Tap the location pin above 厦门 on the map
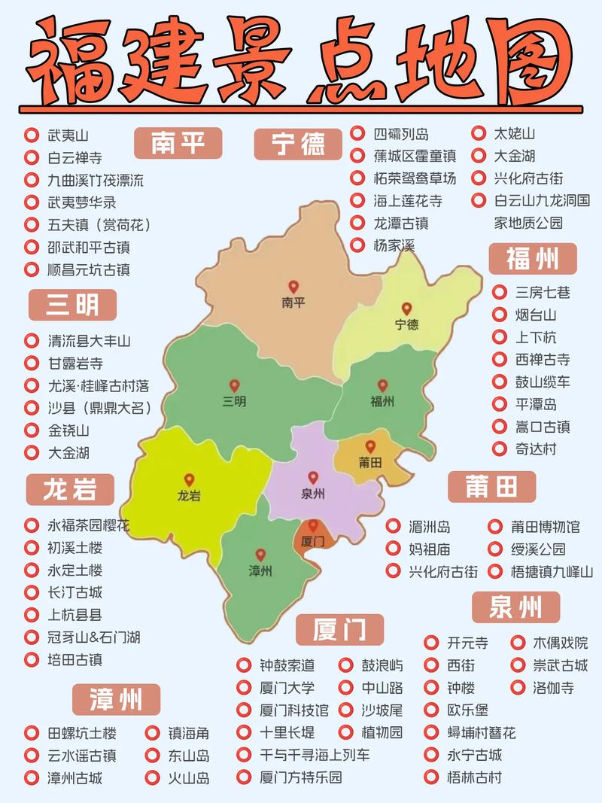[312, 525]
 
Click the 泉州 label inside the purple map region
[312, 494]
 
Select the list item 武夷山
[68, 136]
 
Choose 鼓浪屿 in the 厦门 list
[382, 665]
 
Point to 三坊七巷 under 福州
[542, 292]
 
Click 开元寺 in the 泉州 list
[467, 643]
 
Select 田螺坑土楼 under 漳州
[82, 733]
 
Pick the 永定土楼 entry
[74, 570]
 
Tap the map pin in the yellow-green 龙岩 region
[189, 479]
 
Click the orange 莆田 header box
[491, 487]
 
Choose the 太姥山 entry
[514, 134]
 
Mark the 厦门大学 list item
[287, 688]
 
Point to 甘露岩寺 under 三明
[74, 363]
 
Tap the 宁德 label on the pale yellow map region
[406, 325]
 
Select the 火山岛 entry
[188, 778]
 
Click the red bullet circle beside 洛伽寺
[518, 688]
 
